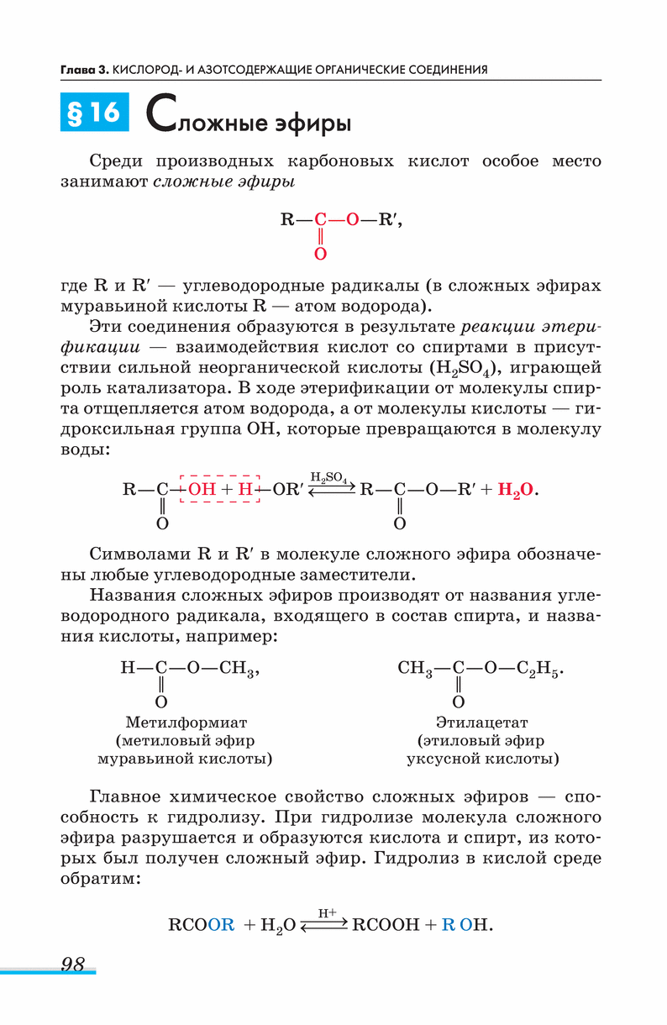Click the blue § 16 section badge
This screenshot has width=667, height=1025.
(94, 113)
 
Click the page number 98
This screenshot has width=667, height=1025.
(73, 964)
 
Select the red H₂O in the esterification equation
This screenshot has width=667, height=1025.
(515, 489)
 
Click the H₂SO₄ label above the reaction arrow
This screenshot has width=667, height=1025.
(328, 476)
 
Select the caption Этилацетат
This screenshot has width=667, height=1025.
(481, 722)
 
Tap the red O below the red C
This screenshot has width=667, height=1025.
(320, 253)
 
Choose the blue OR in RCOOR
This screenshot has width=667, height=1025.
(221, 925)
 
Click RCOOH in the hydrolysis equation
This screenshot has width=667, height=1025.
(386, 925)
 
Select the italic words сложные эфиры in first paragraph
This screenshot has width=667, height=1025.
(223, 182)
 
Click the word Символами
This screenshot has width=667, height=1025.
(137, 555)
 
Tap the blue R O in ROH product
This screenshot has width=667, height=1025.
(456, 925)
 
